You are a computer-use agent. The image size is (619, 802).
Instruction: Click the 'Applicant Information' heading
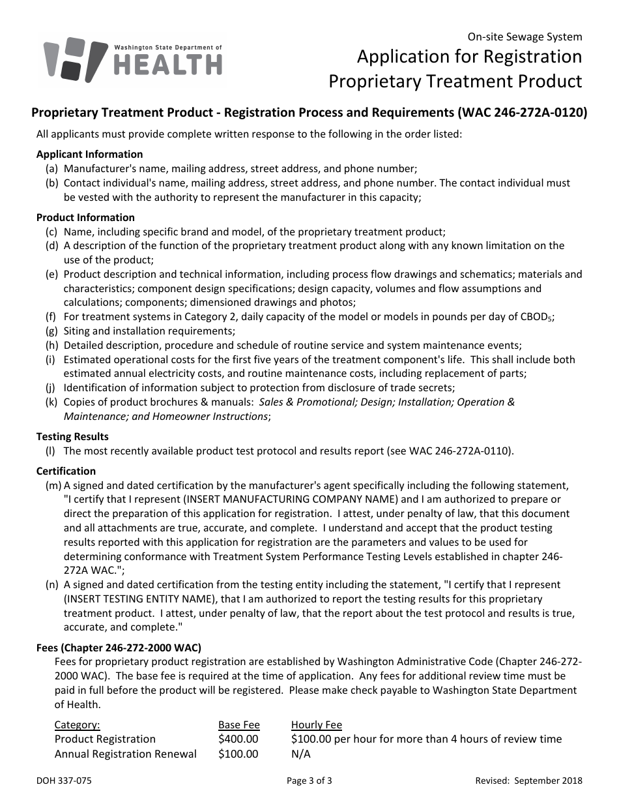pos(89,155)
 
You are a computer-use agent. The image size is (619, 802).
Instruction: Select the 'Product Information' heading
pos(85,217)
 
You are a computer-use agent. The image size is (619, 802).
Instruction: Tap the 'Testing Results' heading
pos(72,436)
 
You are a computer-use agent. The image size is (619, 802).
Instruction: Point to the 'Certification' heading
pos(66,471)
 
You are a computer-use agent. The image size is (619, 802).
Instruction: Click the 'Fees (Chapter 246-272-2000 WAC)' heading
pos(119,647)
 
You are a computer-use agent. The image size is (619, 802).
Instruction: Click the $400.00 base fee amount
pos(238,739)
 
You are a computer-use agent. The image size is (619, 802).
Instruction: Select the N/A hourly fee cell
pos(301,754)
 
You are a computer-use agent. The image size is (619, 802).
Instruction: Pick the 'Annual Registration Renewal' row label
pos(125,754)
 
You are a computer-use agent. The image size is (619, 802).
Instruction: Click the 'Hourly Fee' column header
pos(316,724)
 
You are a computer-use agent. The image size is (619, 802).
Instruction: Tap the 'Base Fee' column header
pos(238,724)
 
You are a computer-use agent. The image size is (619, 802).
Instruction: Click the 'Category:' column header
pos(77,724)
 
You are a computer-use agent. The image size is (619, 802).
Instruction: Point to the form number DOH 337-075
pos(59,780)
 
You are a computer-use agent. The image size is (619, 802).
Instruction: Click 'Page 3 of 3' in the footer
pos(309,780)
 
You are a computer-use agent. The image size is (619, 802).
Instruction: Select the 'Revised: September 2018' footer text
pos(528,780)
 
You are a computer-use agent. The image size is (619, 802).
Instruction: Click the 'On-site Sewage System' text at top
pos(525,37)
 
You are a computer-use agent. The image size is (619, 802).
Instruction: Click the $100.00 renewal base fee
pos(238,754)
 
